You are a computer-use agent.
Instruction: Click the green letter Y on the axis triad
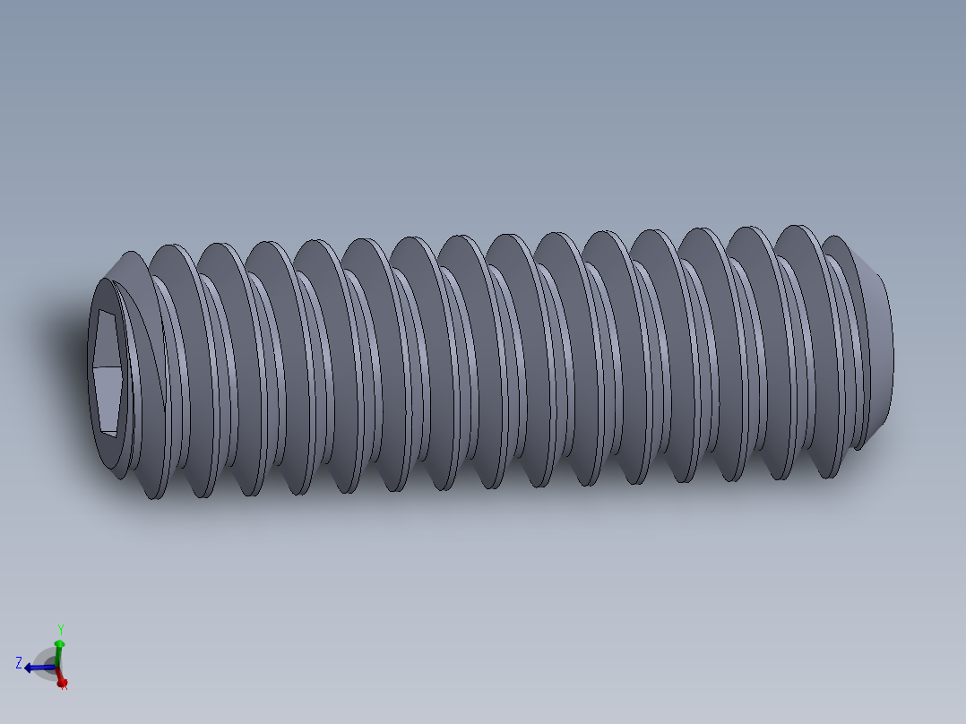pos(60,630)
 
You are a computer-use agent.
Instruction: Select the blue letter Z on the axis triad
pos(19,663)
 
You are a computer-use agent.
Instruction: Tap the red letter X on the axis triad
pos(65,687)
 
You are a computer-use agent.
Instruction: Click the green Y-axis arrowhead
pos(59,644)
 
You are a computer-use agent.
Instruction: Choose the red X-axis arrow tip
pos(61,682)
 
